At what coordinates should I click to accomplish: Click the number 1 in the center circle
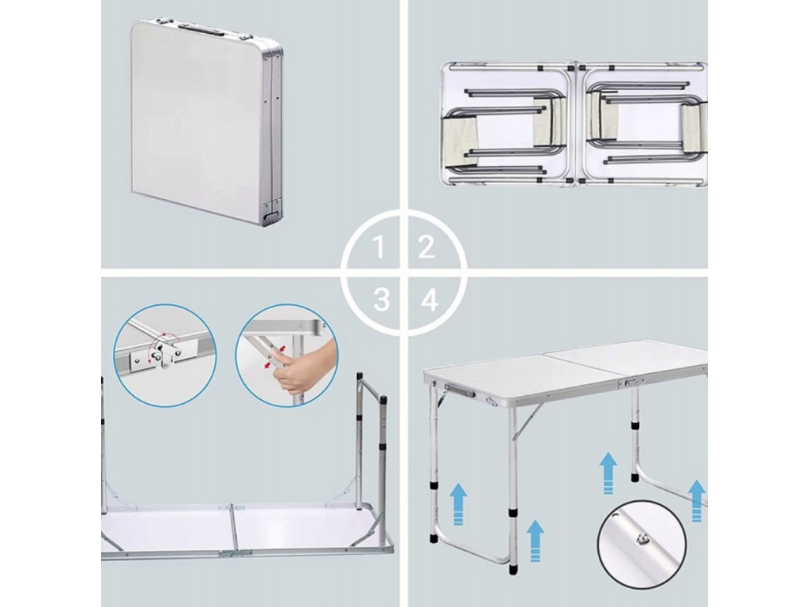[x=380, y=247]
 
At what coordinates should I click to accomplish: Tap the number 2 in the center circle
[x=426, y=247]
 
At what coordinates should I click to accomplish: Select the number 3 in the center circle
[x=382, y=300]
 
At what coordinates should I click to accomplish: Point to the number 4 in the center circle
[x=429, y=300]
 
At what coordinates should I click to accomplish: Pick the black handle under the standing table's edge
[x=459, y=390]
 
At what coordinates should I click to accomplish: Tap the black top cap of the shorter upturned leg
[x=383, y=401]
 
